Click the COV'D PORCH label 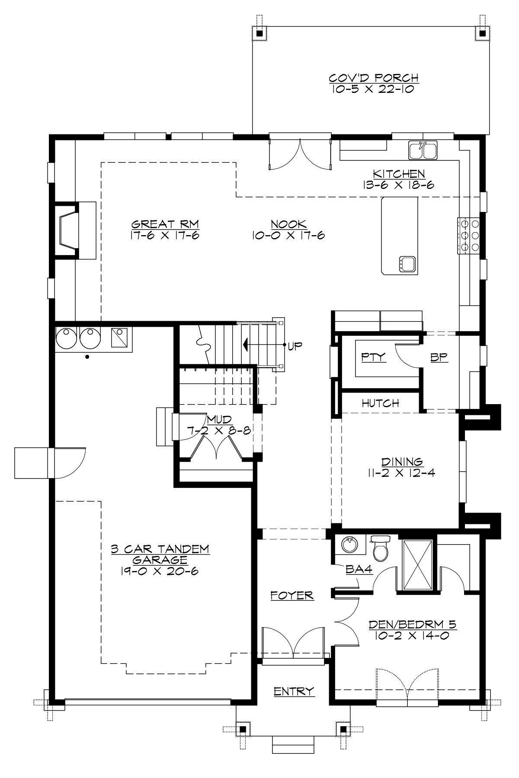374,78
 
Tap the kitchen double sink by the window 423,151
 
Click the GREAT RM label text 165,224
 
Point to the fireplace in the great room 69,230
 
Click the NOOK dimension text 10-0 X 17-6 288,236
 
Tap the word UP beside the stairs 296,346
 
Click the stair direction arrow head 246,345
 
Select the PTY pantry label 374,357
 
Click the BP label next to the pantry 439,357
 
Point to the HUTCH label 380,403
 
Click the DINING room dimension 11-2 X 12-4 399,473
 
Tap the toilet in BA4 381,549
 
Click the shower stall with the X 418,564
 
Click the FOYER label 292,596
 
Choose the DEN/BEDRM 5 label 413,625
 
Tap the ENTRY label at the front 294,692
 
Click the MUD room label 219,419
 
